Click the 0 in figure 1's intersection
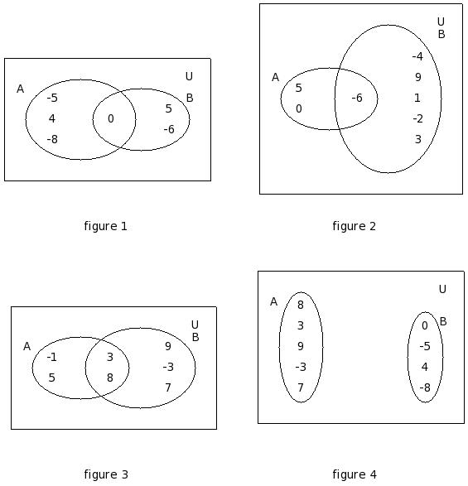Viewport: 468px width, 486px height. pos(111,118)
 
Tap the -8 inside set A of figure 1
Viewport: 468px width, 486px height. pos(52,139)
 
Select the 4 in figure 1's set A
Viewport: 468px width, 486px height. pos(52,118)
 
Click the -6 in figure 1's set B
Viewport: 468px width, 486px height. pos(169,129)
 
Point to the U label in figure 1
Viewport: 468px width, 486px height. pos(189,76)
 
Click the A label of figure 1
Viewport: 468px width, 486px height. pos(20,89)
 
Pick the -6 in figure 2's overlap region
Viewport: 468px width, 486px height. pos(357,98)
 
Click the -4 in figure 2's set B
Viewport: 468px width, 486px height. pos(417,56)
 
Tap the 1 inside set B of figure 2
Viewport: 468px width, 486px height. pos(417,98)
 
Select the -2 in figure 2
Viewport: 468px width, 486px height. pos(417,118)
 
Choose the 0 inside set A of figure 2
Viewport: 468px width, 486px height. pos(299,108)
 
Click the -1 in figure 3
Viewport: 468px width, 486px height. pos(52,358)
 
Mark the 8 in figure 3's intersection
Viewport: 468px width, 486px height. pos(110,378)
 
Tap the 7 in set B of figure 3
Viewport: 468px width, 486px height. pos(168,387)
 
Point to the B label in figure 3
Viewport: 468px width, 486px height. pos(195,337)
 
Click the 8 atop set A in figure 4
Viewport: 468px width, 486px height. pos(301,305)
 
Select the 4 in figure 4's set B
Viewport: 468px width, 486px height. pos(425,367)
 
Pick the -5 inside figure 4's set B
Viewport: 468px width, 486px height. pos(425,346)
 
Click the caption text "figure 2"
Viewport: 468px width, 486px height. pos(355,226)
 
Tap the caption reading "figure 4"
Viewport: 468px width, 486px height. pos(355,474)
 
